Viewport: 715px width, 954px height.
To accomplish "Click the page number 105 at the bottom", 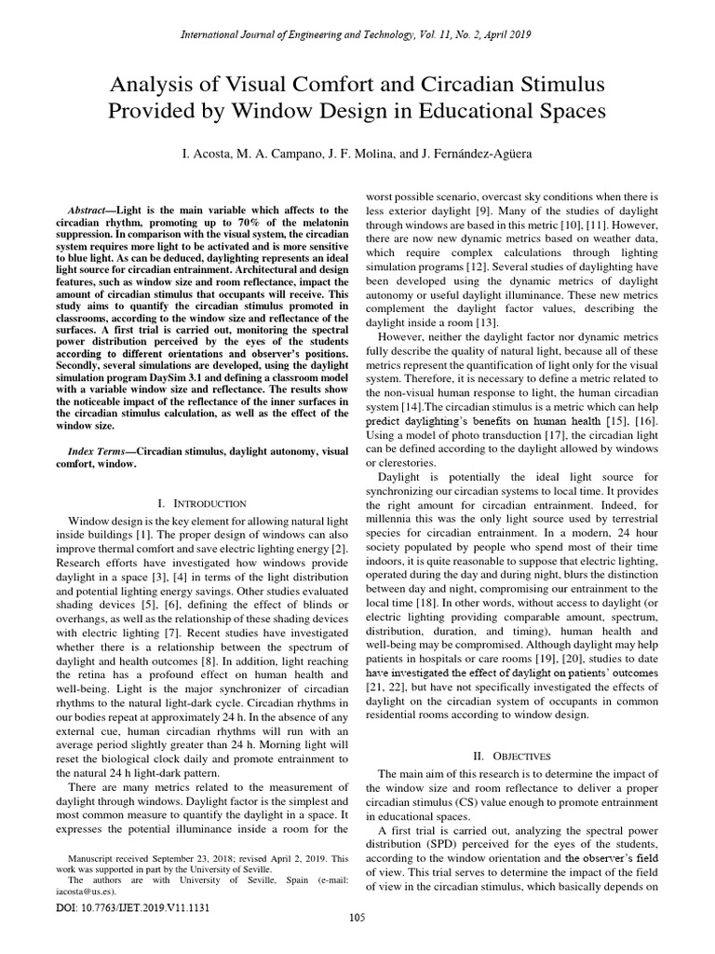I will tap(357, 918).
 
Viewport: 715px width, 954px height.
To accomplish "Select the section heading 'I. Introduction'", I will tap(196, 502).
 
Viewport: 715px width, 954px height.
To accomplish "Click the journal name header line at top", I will tap(357, 34).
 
